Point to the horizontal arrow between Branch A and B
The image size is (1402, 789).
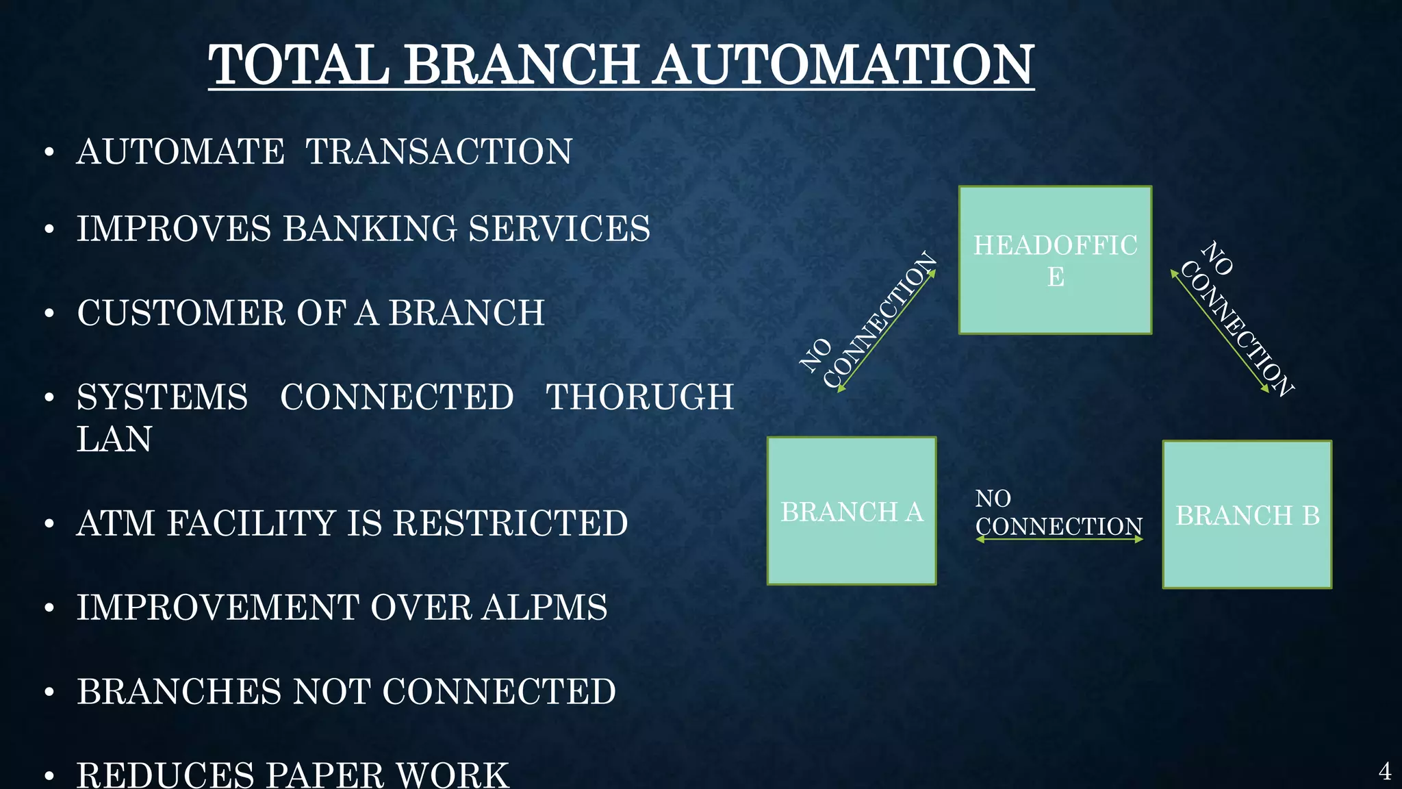(x=1059, y=540)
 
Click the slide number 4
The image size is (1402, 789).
(x=1384, y=772)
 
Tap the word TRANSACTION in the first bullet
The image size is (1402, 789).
(x=438, y=152)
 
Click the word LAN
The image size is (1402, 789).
(x=114, y=439)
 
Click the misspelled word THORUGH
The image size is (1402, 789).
(x=639, y=397)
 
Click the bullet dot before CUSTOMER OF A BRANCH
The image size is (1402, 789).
(x=49, y=314)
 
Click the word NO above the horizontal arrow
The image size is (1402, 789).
(x=993, y=499)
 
